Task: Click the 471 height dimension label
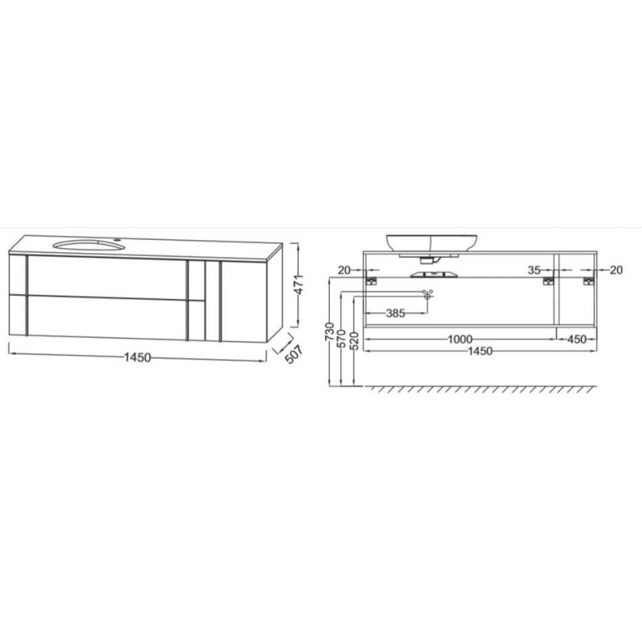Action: click(x=299, y=285)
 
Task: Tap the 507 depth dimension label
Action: click(x=294, y=354)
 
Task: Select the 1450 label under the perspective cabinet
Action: click(x=137, y=357)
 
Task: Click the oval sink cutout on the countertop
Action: click(x=88, y=246)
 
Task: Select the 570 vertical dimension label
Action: click(x=342, y=338)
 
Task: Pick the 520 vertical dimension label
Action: click(x=355, y=340)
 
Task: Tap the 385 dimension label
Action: click(x=396, y=313)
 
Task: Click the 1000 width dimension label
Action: click(x=460, y=339)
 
